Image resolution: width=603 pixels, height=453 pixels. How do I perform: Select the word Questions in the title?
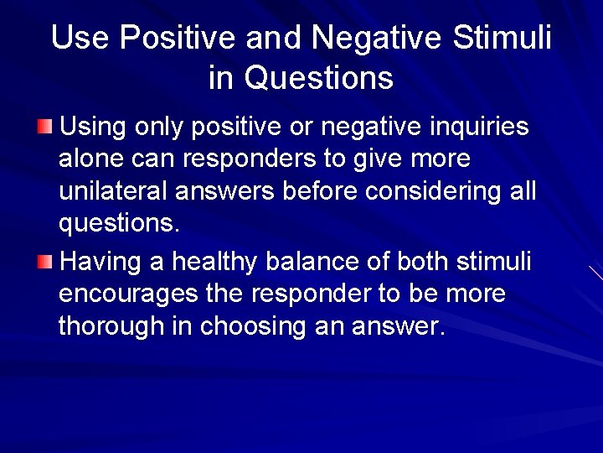click(318, 78)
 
